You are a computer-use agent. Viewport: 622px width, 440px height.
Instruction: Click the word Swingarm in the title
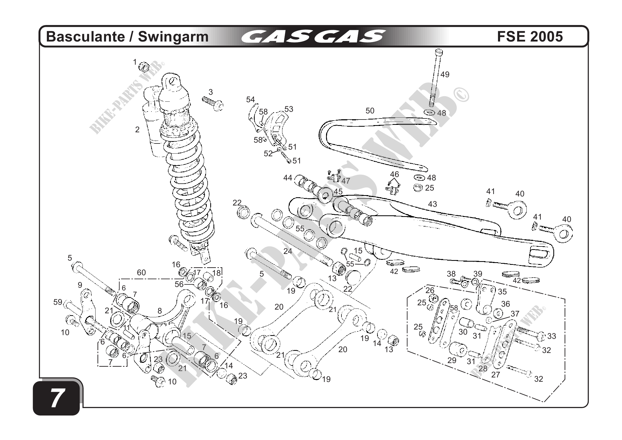[x=173, y=36]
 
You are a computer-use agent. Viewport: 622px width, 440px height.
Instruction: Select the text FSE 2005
[x=530, y=36]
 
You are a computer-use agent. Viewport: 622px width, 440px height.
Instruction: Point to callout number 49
[x=445, y=75]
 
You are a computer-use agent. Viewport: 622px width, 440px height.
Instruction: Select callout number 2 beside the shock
[x=137, y=130]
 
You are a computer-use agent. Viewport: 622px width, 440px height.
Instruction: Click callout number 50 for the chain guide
[x=370, y=111]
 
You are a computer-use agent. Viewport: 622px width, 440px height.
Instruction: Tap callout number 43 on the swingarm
[x=432, y=204]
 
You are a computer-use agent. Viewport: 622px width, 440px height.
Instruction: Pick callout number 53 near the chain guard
[x=289, y=109]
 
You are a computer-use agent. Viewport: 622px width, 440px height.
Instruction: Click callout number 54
[x=250, y=100]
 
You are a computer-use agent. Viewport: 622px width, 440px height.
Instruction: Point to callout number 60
[x=141, y=273]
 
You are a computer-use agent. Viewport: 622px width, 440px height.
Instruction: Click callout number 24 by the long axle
[x=288, y=252]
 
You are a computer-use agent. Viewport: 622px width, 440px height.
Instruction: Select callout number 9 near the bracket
[x=80, y=285]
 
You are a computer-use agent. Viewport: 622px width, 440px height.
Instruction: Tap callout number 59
[x=58, y=302]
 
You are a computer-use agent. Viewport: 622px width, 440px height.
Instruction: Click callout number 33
[x=551, y=336]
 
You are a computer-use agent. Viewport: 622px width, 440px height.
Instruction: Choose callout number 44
[x=288, y=178]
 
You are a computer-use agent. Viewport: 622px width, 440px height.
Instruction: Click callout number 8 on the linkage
[x=160, y=311]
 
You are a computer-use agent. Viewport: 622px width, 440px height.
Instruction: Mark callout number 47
[x=346, y=181]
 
